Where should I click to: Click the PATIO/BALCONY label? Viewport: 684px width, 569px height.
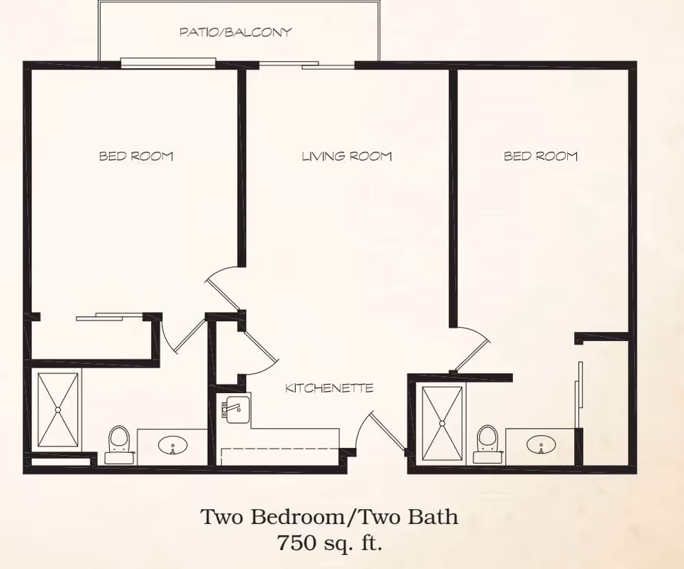click(x=236, y=32)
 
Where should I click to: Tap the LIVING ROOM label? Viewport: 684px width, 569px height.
click(x=347, y=156)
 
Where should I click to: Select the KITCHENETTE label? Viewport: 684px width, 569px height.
click(x=329, y=388)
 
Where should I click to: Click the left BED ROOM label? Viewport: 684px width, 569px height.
click(x=136, y=156)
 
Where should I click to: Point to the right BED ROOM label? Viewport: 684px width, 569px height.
click(x=541, y=156)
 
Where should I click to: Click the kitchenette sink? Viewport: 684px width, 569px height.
click(x=236, y=409)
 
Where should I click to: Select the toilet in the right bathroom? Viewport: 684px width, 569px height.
click(x=487, y=444)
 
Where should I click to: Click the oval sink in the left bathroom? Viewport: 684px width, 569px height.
click(x=172, y=446)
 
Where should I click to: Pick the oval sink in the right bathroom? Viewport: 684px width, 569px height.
click(x=541, y=445)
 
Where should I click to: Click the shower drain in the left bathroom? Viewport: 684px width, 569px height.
click(x=58, y=410)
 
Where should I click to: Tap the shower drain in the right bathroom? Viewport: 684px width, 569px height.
click(x=442, y=424)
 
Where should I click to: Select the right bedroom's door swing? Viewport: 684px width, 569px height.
click(x=473, y=349)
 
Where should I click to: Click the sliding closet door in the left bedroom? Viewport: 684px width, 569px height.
click(x=109, y=317)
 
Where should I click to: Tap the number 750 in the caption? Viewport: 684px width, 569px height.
click(x=296, y=543)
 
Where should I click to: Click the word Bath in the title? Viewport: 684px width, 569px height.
click(x=433, y=517)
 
